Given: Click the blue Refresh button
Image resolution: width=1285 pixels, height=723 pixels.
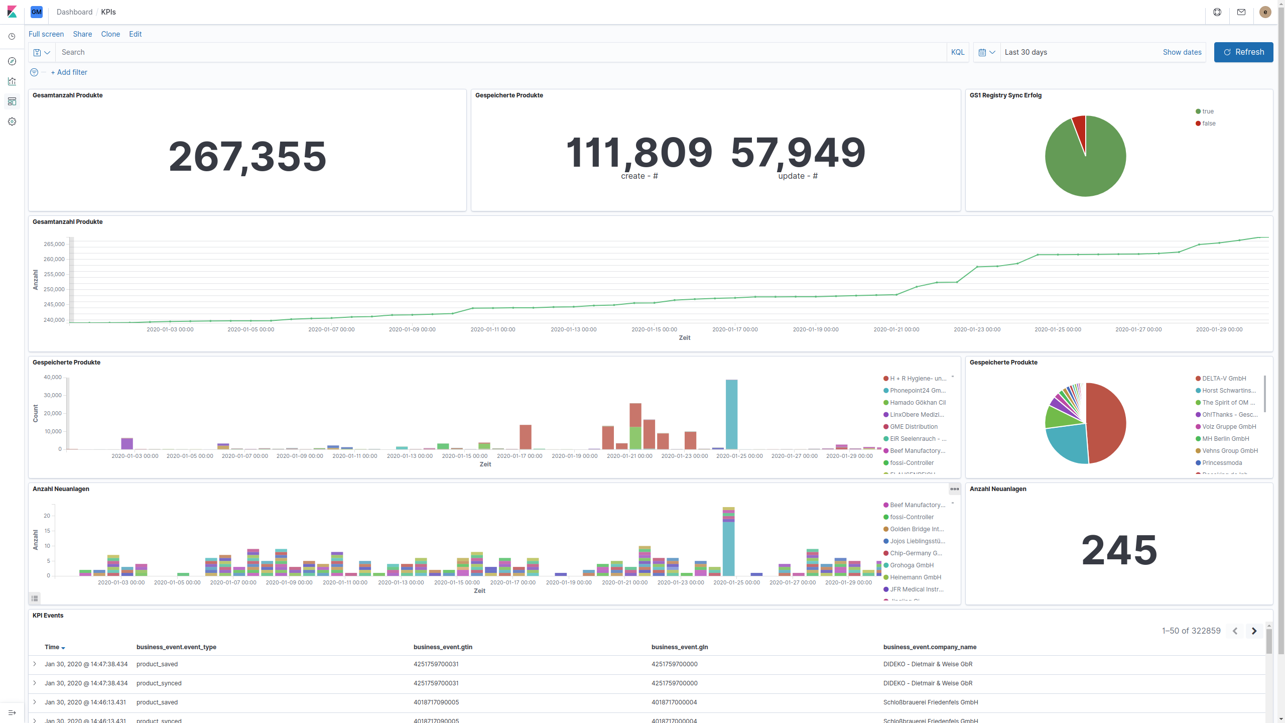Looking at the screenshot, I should click(x=1243, y=52).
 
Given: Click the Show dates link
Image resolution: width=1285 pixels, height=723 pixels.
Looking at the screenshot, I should click(x=1182, y=52).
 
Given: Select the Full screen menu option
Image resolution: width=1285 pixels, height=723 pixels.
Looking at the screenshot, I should click(x=46, y=34).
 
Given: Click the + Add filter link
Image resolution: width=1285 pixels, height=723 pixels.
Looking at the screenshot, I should click(x=69, y=72).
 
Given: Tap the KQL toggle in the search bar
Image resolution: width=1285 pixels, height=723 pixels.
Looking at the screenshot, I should click(x=957, y=52).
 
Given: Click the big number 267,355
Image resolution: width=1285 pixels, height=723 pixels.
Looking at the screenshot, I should click(x=247, y=157).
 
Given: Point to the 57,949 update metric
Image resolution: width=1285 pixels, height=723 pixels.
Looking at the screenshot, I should click(x=798, y=153).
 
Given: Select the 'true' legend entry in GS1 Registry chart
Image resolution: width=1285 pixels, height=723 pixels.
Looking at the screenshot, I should click(x=1207, y=111).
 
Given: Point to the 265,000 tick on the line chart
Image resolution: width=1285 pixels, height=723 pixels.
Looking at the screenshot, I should click(x=54, y=244).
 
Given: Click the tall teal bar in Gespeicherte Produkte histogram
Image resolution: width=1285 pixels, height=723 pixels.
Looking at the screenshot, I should click(x=731, y=414).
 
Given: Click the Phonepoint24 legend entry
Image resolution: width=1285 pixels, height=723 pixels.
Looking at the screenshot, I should click(x=917, y=391).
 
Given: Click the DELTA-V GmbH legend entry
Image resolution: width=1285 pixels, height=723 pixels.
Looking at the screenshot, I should click(x=1223, y=379).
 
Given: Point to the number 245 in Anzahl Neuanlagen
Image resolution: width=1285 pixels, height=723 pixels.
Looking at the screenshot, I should click(x=1119, y=550).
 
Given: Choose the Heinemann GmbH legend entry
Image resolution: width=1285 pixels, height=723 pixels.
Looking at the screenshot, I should click(x=915, y=577).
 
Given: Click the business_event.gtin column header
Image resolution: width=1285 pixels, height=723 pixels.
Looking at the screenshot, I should click(x=442, y=647).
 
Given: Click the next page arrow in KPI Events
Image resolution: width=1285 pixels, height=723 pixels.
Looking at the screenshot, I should click(x=1254, y=631).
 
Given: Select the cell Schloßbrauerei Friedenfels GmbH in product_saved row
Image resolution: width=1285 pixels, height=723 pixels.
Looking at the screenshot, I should click(x=930, y=702).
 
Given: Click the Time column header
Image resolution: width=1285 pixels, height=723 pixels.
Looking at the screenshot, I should click(x=52, y=647).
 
